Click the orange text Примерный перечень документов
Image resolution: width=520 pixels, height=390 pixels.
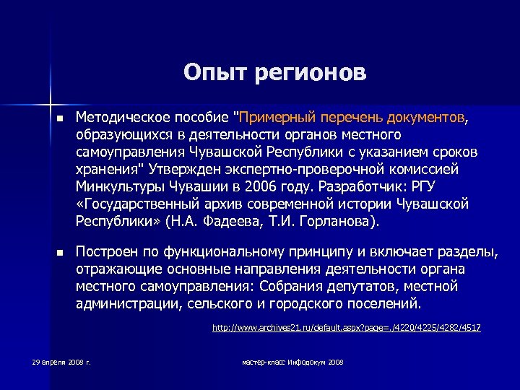pos(353,118)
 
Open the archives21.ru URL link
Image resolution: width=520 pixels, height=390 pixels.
pos(346,329)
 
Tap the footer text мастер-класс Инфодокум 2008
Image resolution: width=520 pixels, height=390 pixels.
pos(292,360)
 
